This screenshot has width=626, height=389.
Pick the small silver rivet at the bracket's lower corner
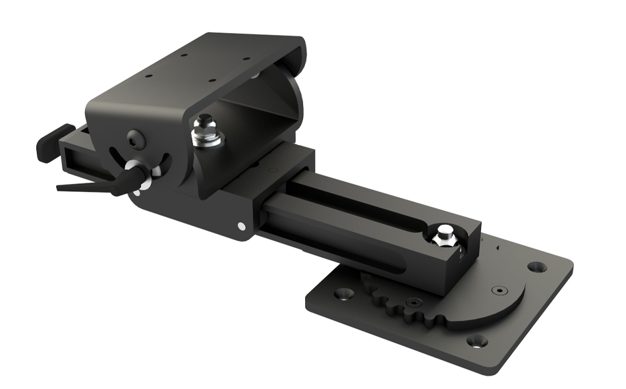(x=241, y=226)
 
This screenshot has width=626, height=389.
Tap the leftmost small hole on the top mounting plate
(x=149, y=76)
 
